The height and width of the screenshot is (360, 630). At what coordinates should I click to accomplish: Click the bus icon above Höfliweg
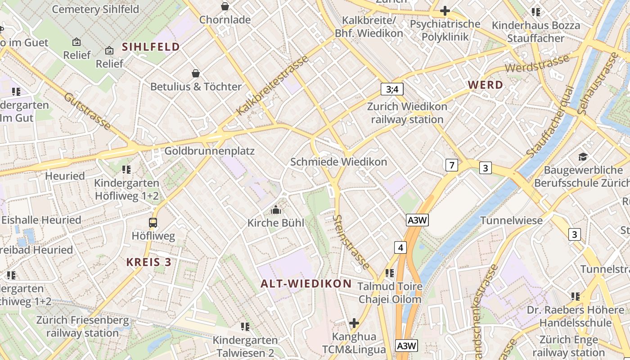(x=153, y=222)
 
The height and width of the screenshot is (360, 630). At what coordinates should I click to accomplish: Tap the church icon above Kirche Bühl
(x=276, y=210)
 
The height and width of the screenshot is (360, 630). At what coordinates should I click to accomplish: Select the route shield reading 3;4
(x=392, y=89)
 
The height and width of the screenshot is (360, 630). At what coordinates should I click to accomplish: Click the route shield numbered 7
(x=451, y=165)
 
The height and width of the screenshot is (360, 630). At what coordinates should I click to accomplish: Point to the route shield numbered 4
(x=400, y=247)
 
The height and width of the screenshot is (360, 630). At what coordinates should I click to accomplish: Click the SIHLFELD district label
(x=151, y=47)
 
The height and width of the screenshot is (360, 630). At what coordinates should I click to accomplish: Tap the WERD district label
(x=486, y=85)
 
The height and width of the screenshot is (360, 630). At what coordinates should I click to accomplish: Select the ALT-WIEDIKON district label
(x=306, y=283)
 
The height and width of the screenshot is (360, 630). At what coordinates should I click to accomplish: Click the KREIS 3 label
(x=148, y=262)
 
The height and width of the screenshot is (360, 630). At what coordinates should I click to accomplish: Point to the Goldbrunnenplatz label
(x=209, y=151)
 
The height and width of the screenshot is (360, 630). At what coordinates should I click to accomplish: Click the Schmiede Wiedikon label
(x=338, y=162)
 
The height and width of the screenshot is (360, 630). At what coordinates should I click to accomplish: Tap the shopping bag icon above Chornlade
(x=225, y=6)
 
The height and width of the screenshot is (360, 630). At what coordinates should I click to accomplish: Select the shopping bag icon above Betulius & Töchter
(x=196, y=73)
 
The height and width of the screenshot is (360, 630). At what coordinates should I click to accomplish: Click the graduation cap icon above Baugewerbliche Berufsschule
(x=583, y=157)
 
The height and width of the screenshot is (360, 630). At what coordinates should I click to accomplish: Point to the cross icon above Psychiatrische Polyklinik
(x=445, y=11)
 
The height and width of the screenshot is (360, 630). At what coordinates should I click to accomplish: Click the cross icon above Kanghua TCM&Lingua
(x=354, y=323)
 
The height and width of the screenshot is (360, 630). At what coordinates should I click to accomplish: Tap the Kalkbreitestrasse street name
(x=273, y=85)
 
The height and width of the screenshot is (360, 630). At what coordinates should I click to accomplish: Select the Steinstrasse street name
(x=351, y=242)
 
